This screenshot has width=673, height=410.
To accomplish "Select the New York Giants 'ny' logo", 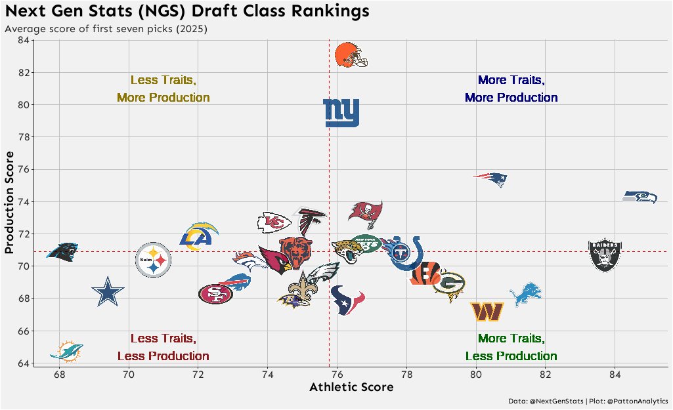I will click(x=341, y=113).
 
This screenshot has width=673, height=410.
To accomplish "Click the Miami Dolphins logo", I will click(x=66, y=352).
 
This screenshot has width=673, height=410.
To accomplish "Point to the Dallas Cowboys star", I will click(x=107, y=292).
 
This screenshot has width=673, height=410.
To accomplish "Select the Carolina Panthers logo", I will click(x=63, y=251).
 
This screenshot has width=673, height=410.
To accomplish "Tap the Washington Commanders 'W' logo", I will click(x=487, y=312).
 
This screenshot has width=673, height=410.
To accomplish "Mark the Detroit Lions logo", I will click(x=526, y=294).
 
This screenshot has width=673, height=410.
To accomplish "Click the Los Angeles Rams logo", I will click(x=198, y=237).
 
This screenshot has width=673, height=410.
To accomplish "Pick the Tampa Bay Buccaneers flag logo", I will click(x=365, y=213).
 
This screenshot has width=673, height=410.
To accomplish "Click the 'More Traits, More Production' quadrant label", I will click(x=511, y=89).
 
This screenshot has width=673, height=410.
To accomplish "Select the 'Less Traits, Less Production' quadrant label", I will click(x=163, y=347).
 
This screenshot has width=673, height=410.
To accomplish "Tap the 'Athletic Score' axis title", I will click(x=351, y=387).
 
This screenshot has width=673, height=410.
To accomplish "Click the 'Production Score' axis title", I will click(x=10, y=202).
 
